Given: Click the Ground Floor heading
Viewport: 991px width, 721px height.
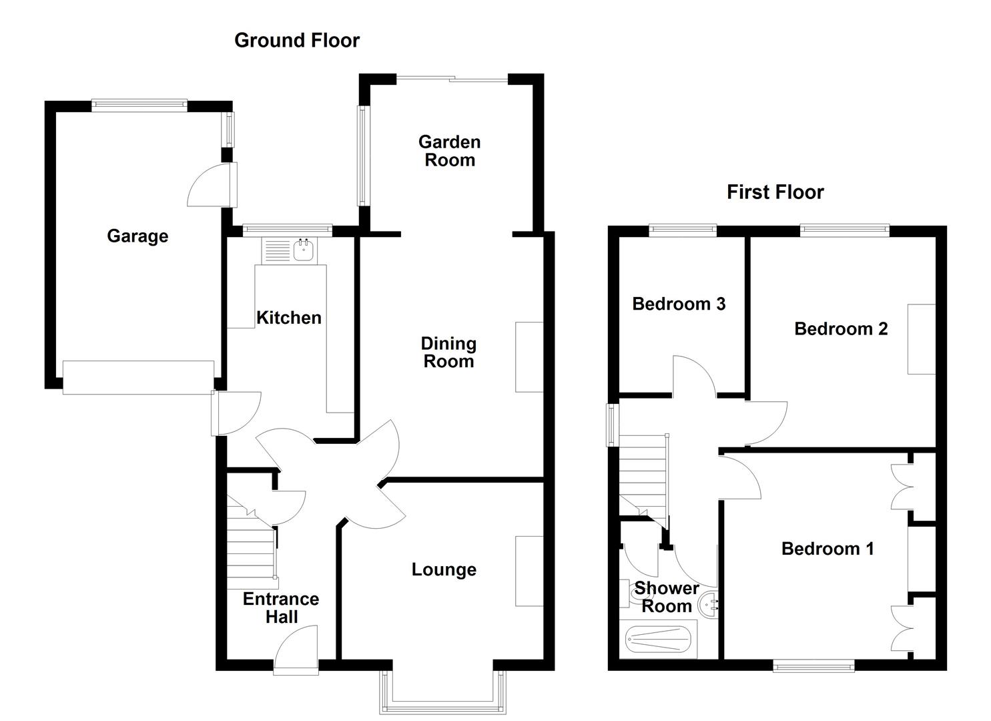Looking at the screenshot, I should point(297,41).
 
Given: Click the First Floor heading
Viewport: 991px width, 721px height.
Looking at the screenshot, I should point(775,192).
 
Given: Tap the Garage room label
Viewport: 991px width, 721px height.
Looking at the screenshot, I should point(137,236).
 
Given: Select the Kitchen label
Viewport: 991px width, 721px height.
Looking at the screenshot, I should point(289,318).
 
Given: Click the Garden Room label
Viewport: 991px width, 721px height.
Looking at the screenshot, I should point(449,151).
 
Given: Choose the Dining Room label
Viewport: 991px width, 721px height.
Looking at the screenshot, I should point(448,352).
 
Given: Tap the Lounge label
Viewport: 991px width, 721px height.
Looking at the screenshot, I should point(444,569).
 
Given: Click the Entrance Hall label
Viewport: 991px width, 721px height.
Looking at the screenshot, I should point(281,608).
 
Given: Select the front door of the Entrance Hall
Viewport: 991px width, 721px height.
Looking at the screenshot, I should point(296,651).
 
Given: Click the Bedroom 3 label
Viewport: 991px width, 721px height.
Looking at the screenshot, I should point(679,304).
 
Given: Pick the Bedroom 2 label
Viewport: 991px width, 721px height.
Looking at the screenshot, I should point(841,328).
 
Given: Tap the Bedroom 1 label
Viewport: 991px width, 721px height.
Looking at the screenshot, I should point(828,549).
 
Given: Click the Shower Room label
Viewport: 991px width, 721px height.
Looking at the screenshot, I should point(666,597).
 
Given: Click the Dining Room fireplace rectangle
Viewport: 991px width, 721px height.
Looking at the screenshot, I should point(529,357).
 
